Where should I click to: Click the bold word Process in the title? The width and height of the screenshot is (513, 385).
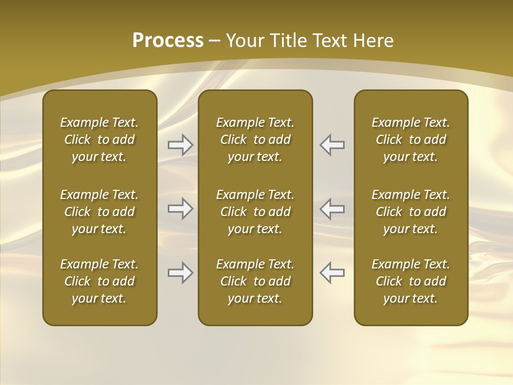(168, 41)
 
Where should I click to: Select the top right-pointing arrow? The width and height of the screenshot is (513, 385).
(180, 145)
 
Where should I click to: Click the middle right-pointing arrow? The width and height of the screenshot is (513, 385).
(180, 209)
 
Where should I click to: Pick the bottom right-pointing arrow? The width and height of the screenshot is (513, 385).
(180, 273)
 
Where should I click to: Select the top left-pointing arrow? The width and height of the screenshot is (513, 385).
(332, 145)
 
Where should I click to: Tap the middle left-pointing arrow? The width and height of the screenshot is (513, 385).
(332, 209)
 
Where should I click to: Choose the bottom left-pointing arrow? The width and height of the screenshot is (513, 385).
(332, 273)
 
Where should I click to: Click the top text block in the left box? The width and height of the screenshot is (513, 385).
(99, 140)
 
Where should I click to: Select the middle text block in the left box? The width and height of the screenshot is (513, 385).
(99, 212)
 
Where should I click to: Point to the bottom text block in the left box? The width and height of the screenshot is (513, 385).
(99, 281)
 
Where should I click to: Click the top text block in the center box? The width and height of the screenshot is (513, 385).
(255, 140)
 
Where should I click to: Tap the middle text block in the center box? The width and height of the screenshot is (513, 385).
(255, 212)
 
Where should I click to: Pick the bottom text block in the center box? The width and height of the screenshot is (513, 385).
(255, 281)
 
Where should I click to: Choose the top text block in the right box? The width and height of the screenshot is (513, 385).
(411, 140)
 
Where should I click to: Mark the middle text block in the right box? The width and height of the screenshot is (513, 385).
(411, 212)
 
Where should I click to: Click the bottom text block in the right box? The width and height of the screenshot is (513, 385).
(411, 281)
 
